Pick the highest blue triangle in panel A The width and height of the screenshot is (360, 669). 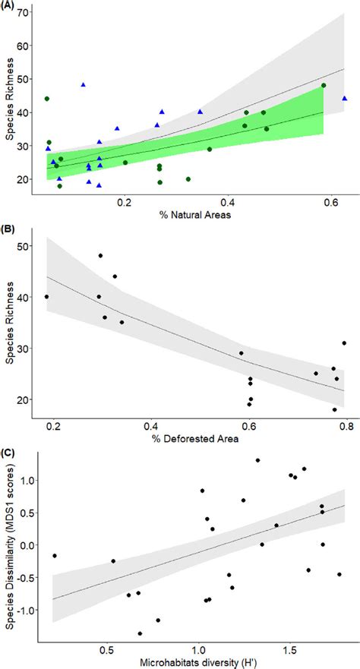point(84,85)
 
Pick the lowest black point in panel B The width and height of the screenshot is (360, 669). point(334,410)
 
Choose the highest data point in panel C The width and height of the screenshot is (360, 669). point(257,460)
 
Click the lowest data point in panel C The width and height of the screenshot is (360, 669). point(140,633)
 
